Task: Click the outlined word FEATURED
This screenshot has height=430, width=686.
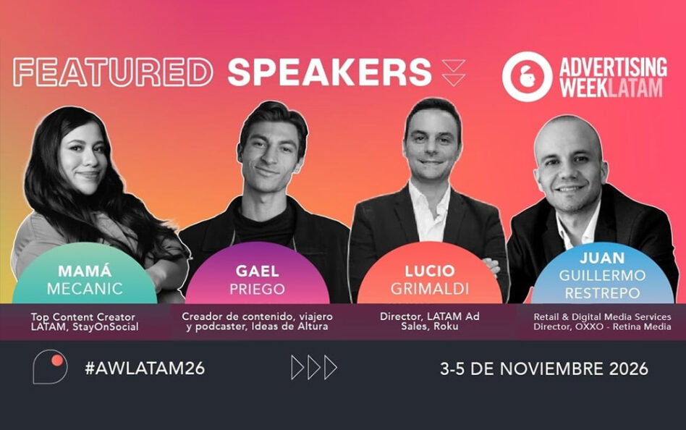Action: pos(113,72)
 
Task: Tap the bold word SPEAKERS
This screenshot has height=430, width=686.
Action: pos(329,72)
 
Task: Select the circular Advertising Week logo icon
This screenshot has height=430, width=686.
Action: pos(527,77)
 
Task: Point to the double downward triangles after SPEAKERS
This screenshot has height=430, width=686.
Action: pos(453,72)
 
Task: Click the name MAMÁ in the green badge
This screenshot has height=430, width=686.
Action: pos(85,271)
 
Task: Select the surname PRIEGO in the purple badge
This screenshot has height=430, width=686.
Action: pos(258,289)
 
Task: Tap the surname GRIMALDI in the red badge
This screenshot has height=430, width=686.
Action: pos(430,289)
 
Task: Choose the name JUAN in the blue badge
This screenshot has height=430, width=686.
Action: pos(602,258)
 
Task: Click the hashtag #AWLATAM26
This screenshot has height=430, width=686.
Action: pos(145,368)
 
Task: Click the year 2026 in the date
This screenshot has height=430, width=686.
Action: pos(628,368)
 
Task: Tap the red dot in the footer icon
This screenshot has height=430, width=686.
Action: pos(57,361)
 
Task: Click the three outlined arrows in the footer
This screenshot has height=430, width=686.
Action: pos(314,368)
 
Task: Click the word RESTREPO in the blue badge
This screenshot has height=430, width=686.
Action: pos(602,293)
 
